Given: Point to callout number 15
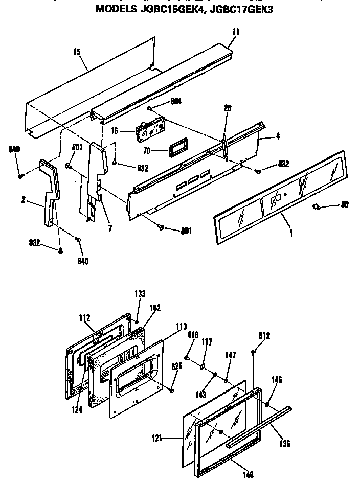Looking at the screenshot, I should click(x=77, y=52).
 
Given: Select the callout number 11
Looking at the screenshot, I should click(x=235, y=32).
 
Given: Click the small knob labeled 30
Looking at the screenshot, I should click(x=317, y=206).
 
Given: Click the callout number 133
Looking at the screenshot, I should click(x=140, y=294).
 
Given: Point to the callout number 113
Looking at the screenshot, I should click(x=181, y=327).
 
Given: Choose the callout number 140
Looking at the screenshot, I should click(x=247, y=475).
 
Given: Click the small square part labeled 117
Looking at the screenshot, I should click(x=203, y=365).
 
